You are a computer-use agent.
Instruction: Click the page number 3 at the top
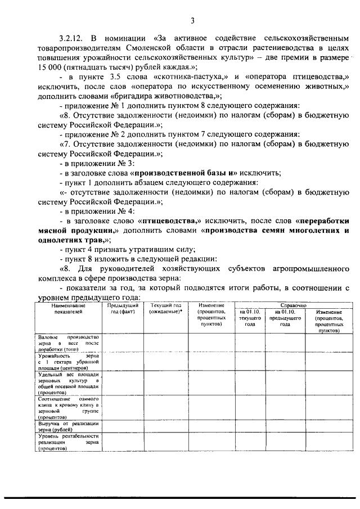[192, 21]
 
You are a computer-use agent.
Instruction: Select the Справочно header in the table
[289, 304]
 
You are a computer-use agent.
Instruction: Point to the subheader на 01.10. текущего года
[250, 318]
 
